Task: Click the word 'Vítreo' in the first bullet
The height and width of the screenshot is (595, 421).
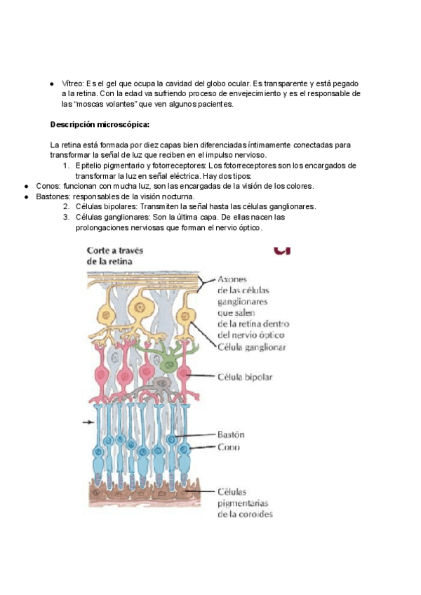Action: point(73,83)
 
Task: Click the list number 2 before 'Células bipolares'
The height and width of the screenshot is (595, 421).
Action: point(66,207)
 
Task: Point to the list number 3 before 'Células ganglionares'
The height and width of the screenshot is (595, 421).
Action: point(66,218)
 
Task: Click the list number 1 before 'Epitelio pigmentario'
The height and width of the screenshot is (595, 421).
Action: point(66,166)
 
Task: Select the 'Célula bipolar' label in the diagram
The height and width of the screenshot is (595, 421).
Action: point(246,377)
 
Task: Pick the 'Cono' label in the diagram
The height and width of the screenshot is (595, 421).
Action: point(228,447)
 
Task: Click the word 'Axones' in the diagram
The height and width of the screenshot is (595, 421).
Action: point(236,279)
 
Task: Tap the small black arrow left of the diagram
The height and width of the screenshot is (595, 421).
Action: point(88,422)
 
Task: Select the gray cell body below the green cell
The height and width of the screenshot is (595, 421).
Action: point(163,385)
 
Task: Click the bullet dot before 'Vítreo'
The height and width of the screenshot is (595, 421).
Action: point(52,83)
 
